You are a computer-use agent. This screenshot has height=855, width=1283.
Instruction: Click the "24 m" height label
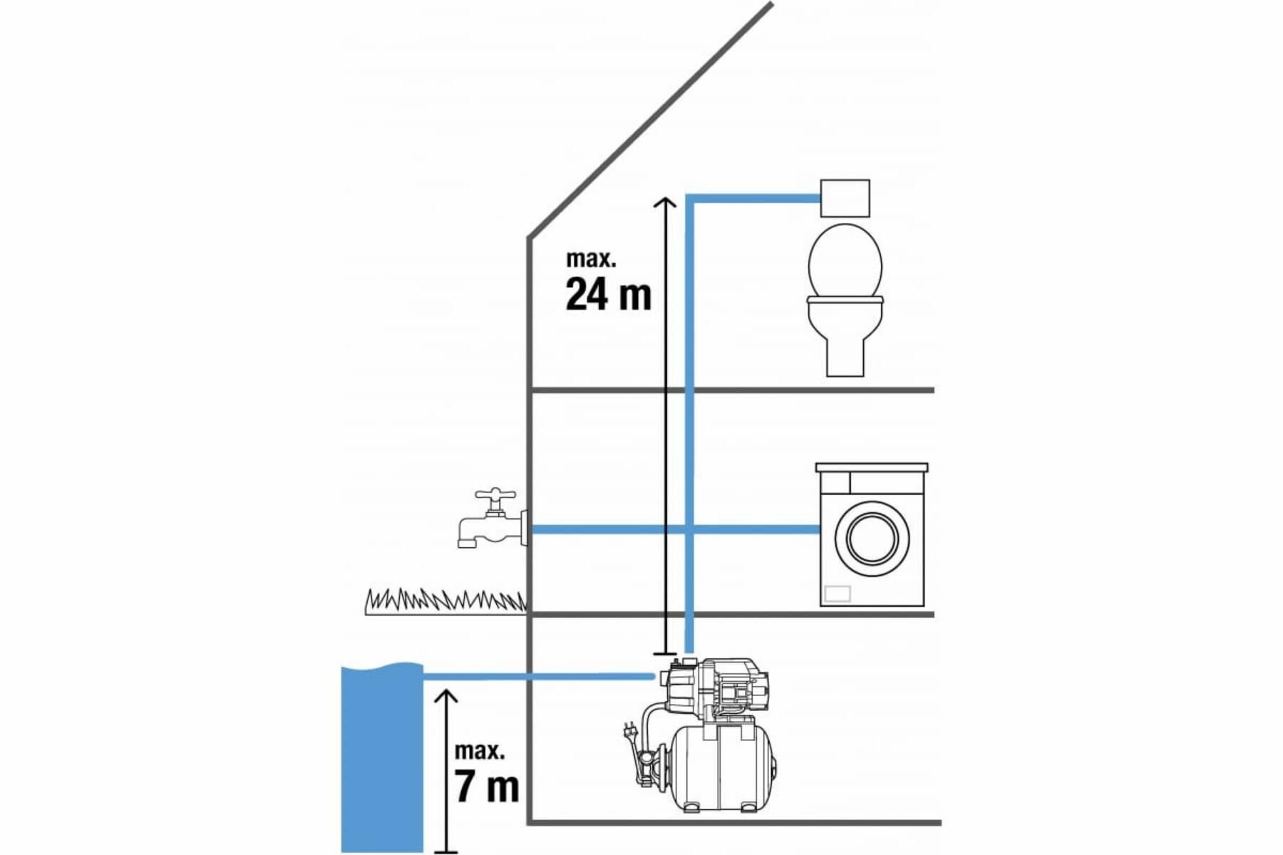(608, 294)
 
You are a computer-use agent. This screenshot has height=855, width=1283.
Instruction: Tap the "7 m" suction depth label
(487, 786)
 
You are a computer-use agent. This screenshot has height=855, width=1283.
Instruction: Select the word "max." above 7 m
(480, 750)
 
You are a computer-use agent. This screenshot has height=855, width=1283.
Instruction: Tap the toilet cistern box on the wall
(845, 198)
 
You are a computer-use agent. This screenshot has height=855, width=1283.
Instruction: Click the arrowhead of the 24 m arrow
(665, 202)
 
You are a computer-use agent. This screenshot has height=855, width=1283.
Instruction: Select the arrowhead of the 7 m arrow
(446, 695)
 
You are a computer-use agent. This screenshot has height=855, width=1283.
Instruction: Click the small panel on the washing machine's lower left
(838, 593)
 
